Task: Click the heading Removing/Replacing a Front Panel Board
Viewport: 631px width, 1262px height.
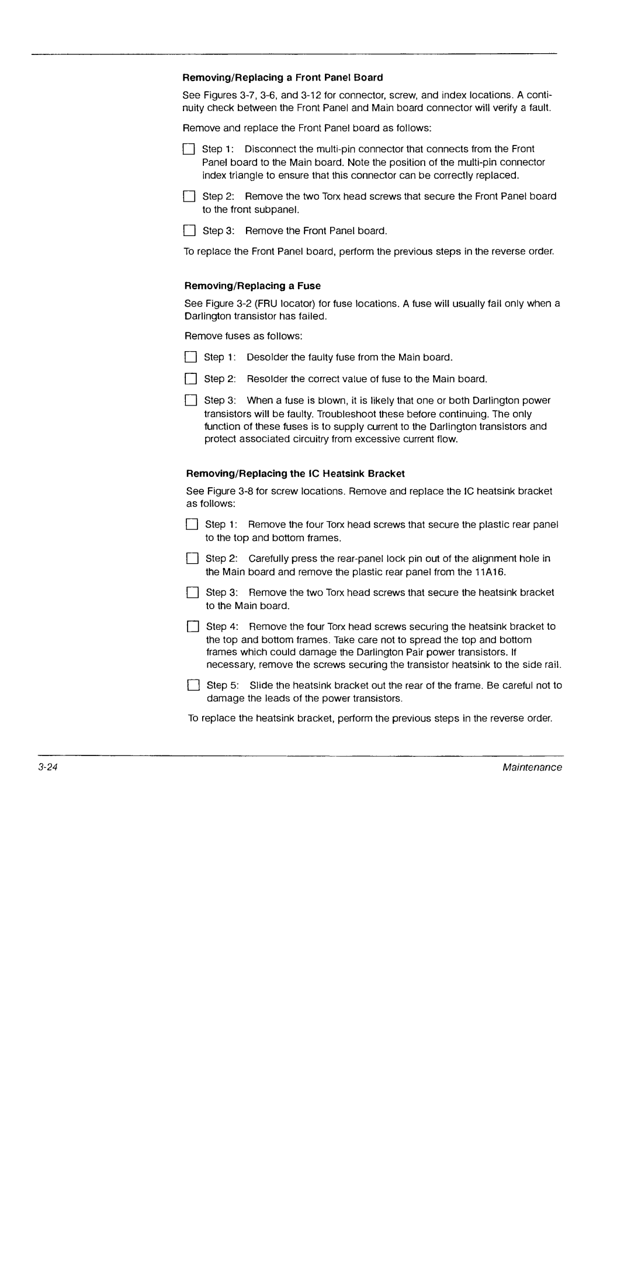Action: pyautogui.click(x=283, y=78)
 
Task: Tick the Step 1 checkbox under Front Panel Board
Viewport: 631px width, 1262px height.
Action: pyautogui.click(x=188, y=149)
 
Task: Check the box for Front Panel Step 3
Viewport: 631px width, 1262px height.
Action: pyautogui.click(x=189, y=231)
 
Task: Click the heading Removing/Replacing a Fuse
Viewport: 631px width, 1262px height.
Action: pyautogui.click(x=252, y=286)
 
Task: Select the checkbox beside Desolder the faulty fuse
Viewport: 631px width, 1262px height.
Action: pyautogui.click(x=190, y=357)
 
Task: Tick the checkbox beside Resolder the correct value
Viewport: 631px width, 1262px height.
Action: pyautogui.click(x=190, y=379)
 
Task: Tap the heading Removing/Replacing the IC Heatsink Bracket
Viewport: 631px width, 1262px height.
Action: pyautogui.click(x=295, y=473)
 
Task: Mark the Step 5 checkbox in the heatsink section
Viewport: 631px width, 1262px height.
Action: pyautogui.click(x=192, y=685)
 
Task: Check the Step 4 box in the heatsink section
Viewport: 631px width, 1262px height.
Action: pyautogui.click(x=192, y=626)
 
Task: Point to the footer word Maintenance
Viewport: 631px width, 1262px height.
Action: pyautogui.click(x=532, y=767)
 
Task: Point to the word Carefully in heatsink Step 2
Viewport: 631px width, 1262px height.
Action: pyautogui.click(x=269, y=559)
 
